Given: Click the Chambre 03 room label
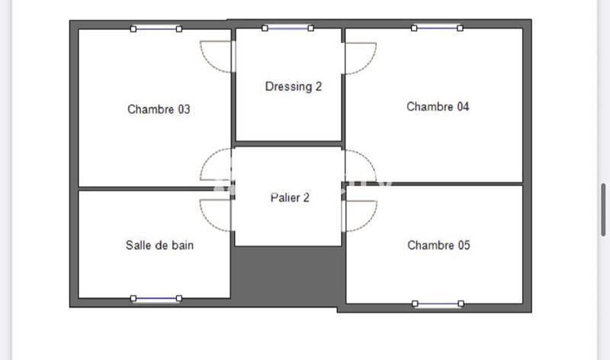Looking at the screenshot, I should [x=159, y=109].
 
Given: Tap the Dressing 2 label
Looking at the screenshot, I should [x=294, y=86].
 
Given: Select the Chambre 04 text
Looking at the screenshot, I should [x=438, y=107].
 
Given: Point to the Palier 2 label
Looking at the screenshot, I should [x=290, y=198].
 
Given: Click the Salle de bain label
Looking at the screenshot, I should [x=159, y=245].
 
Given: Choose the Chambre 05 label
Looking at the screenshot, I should [x=438, y=245].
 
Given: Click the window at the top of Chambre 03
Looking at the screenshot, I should [x=156, y=29].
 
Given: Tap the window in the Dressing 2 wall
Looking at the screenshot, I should [x=288, y=28].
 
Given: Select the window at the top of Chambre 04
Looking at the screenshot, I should [x=437, y=28].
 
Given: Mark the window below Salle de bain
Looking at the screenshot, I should [x=156, y=298].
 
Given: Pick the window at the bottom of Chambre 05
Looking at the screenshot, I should [x=438, y=304].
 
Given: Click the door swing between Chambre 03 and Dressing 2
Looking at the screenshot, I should [x=216, y=56].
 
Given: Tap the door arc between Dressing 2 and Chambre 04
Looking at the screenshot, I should [x=359, y=58].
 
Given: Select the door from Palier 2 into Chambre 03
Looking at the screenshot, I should [x=216, y=165].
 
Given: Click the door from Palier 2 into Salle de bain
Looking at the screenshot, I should [x=216, y=215].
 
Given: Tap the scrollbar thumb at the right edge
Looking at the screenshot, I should [x=602, y=211].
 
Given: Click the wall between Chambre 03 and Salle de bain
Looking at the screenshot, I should [x=152, y=188].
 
